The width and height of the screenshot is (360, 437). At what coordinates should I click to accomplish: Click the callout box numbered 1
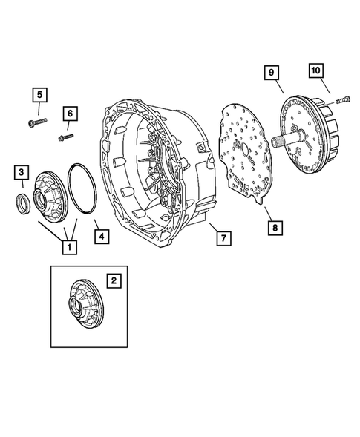pyautogui.click(x=70, y=246)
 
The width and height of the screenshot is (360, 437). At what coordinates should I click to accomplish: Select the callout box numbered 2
pyautogui.click(x=114, y=280)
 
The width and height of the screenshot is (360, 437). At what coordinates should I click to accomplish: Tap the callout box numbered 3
pyautogui.click(x=22, y=172)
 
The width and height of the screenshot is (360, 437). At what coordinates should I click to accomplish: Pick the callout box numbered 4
pyautogui.click(x=102, y=237)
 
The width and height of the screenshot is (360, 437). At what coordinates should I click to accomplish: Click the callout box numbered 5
pyautogui.click(x=40, y=95)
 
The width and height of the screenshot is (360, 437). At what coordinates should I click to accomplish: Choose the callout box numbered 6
pyautogui.click(x=70, y=114)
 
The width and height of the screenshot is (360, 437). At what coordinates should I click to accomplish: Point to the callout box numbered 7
pyautogui.click(x=224, y=238)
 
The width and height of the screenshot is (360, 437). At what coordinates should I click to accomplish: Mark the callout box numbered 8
pyautogui.click(x=275, y=228)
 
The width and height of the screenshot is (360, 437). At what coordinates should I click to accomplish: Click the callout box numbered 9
pyautogui.click(x=272, y=73)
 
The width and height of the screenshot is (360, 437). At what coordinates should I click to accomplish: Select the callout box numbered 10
pyautogui.click(x=316, y=70)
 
